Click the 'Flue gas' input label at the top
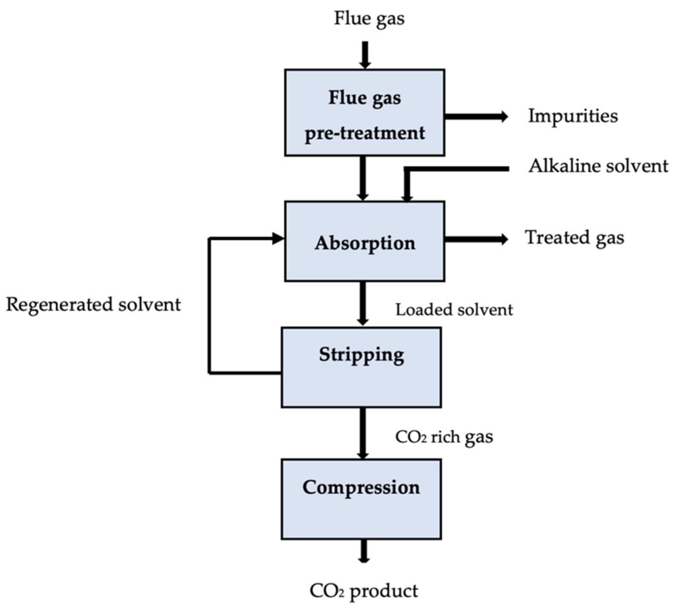[x=369, y=18]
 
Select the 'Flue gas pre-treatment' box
[x=364, y=113]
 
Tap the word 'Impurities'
[x=573, y=116]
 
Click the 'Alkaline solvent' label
[x=598, y=166]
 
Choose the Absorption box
[x=364, y=241]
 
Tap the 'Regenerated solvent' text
[x=93, y=305]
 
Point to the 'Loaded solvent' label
[x=454, y=310]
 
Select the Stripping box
[x=361, y=367]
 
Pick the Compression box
[x=361, y=499]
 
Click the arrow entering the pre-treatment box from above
[x=365, y=55]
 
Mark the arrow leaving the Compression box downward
[x=363, y=551]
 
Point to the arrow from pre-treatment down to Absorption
[x=363, y=178]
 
